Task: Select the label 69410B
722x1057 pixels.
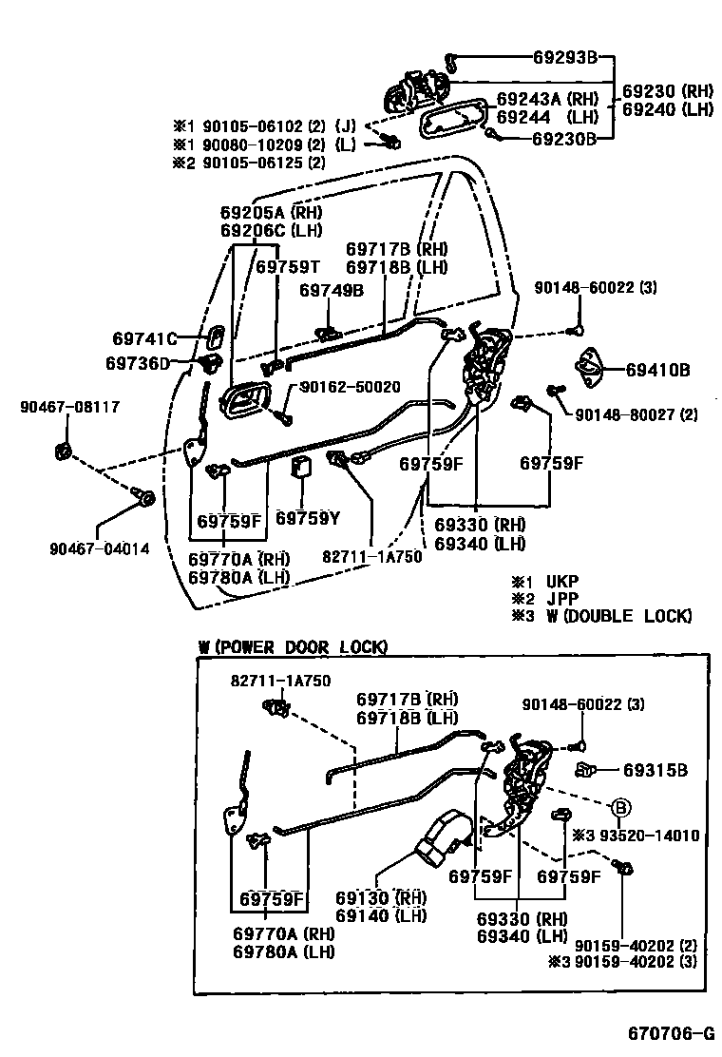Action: (658, 369)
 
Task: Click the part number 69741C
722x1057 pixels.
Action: (144, 338)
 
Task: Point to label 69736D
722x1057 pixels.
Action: (137, 363)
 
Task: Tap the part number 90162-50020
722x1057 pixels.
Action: (350, 387)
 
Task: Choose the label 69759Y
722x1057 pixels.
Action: (307, 519)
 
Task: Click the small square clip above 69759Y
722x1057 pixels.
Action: (303, 467)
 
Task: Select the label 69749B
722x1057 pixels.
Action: (332, 291)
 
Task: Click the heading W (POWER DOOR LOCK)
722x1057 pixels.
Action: (293, 647)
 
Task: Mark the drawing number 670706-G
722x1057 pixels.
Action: (669, 1033)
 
